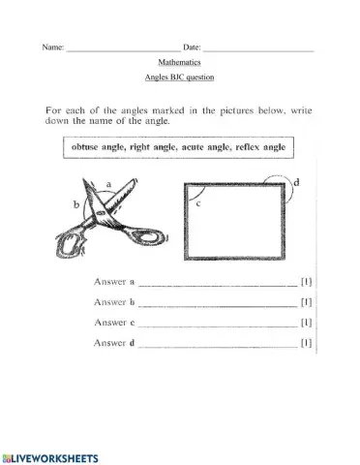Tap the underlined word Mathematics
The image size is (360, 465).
179,62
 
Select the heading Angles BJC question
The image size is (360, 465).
179,77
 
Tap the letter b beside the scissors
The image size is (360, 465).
75,204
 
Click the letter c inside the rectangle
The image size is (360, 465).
199,203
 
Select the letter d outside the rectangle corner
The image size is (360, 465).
295,182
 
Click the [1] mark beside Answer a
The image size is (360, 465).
306,283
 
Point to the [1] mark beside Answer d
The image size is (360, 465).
306,342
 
